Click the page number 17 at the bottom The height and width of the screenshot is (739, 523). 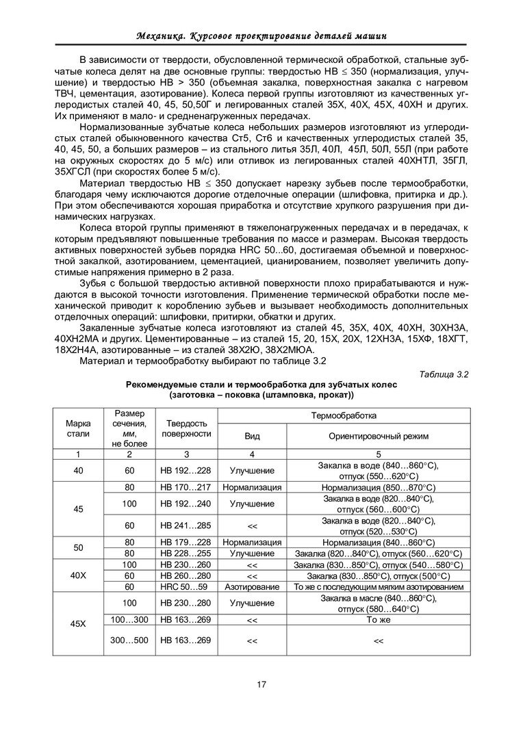tap(261, 684)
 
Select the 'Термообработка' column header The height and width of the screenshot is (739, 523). tap(348, 415)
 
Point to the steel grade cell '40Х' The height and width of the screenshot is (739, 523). tap(77, 575)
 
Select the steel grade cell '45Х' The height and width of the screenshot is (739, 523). tap(77, 624)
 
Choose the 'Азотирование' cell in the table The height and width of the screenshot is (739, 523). tap(252, 586)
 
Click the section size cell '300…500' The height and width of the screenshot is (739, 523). tap(129, 640)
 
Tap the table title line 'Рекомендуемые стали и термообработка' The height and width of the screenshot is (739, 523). tap(261, 385)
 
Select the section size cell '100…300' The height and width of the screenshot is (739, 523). tap(129, 619)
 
